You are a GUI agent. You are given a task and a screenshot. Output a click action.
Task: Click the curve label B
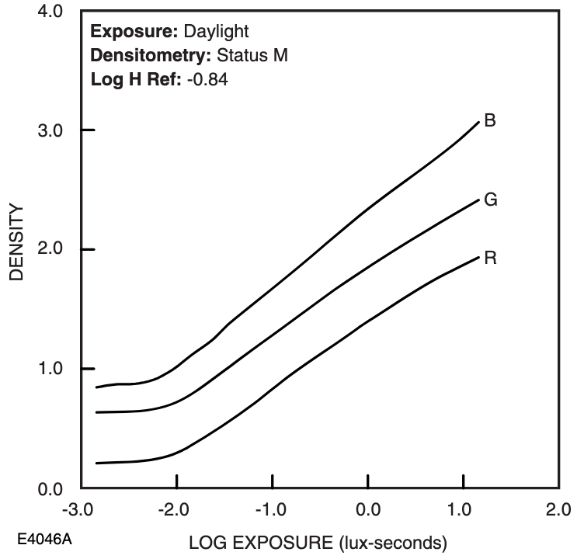(x=490, y=121)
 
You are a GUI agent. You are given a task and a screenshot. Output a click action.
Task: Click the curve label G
(x=491, y=200)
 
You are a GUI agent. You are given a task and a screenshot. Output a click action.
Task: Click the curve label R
(x=490, y=259)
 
